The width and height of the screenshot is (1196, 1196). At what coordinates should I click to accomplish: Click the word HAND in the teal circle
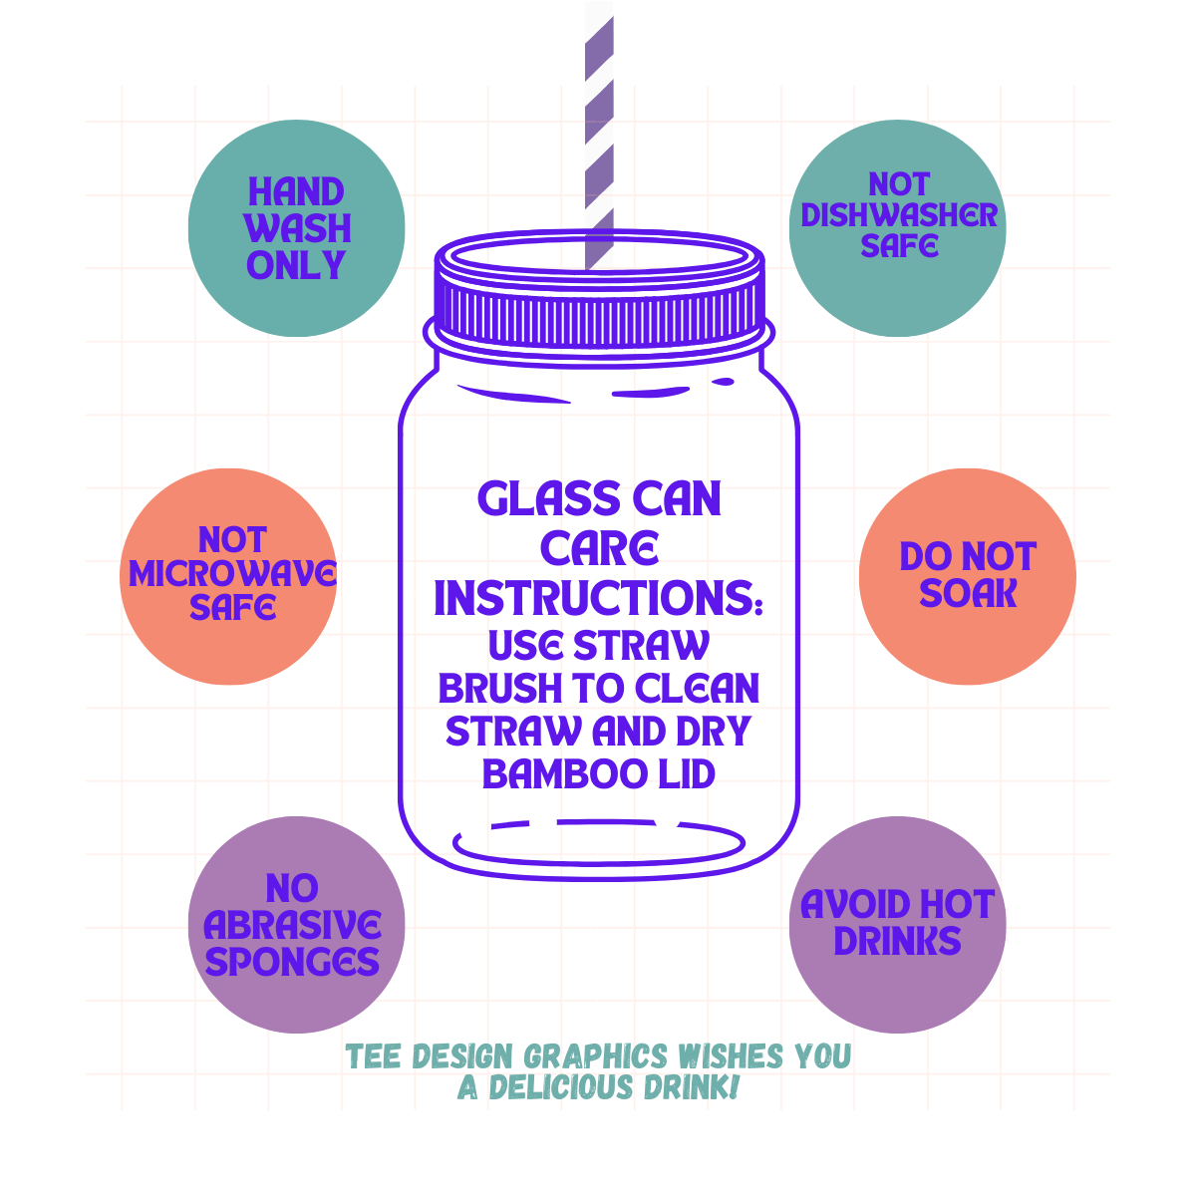tap(296, 191)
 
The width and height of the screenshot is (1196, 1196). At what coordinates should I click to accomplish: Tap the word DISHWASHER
tap(899, 214)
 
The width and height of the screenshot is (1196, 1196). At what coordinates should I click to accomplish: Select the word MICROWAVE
tap(232, 573)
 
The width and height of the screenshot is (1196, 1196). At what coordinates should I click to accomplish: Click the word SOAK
tap(968, 593)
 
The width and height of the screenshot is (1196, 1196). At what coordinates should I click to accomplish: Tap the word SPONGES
tap(292, 962)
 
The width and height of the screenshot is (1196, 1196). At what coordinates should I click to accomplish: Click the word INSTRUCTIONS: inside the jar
tap(598, 598)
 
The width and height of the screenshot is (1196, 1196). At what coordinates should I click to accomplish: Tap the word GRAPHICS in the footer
tap(596, 1056)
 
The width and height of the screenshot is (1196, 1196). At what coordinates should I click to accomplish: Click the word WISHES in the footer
tap(730, 1055)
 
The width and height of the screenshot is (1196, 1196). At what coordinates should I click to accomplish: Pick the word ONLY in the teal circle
tap(296, 265)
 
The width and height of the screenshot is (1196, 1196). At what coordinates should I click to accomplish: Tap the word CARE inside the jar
tap(599, 548)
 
